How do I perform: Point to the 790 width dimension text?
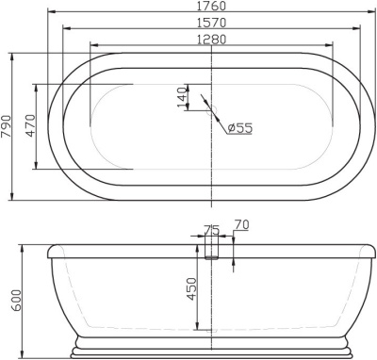coord(8,125)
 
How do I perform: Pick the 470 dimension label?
coord(30,125)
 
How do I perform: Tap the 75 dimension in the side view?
coord(211,228)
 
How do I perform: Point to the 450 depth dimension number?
coord(191,288)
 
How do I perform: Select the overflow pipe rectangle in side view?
coord(211,247)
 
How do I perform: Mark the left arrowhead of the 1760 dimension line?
coord(50,14)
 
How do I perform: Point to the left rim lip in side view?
coord(52,250)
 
